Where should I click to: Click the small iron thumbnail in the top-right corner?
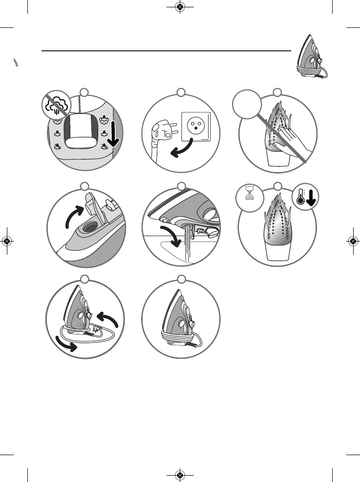click(x=311, y=57)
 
